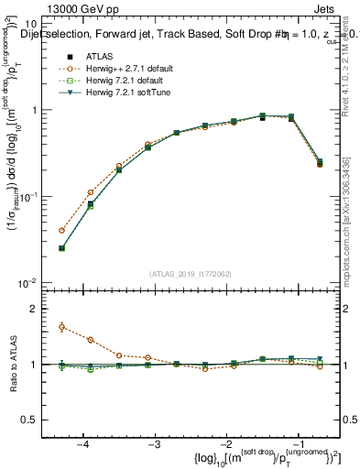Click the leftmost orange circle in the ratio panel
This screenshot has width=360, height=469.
pos(61,327)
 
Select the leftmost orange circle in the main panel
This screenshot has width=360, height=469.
pos(61,230)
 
